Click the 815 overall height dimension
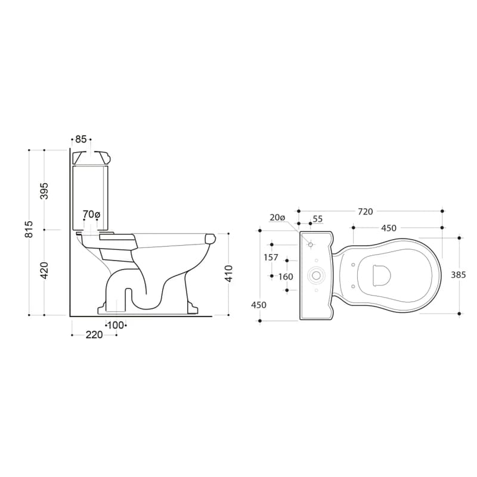coord(29,229)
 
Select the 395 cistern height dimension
coord(44,191)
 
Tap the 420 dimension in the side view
coord(44,271)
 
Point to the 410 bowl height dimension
coord(229,274)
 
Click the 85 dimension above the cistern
coord(81,140)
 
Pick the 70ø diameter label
coord(91,215)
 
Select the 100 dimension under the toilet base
coord(116,325)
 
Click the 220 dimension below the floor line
coord(94,335)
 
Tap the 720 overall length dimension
coord(365,212)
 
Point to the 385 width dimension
coord(458,275)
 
